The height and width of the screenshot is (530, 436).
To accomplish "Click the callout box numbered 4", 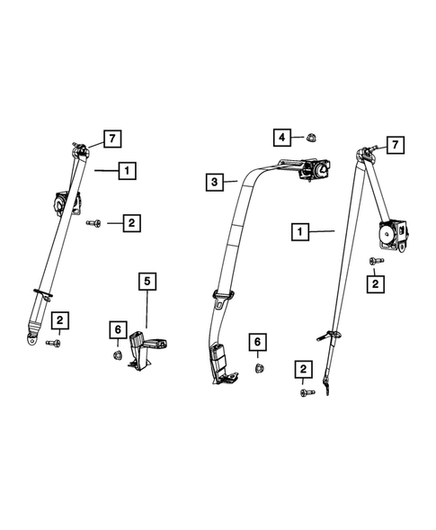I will (x=282, y=138).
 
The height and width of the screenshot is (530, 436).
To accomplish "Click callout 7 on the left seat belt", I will (x=111, y=139).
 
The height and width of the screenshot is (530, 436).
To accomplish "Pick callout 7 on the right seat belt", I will (x=394, y=145).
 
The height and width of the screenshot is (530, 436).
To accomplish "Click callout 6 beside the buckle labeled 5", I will (x=117, y=331).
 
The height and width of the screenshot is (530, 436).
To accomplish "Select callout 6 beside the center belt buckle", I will (x=258, y=342).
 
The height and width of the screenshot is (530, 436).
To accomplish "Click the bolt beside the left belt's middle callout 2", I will (x=93, y=221).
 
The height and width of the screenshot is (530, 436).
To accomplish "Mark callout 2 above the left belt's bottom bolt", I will (x=59, y=319).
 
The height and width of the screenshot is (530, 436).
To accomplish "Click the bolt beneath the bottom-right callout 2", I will (x=304, y=391).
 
